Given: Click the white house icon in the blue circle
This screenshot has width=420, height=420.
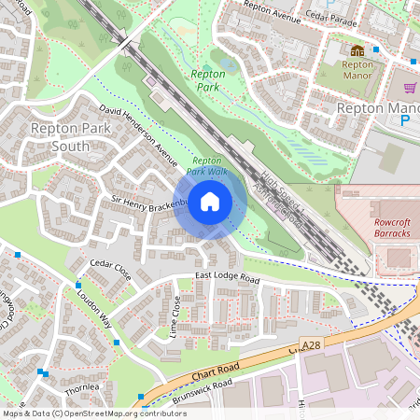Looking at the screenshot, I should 210,202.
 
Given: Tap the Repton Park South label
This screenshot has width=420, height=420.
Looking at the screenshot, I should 59,137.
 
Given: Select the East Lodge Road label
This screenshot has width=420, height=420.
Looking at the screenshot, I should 227,278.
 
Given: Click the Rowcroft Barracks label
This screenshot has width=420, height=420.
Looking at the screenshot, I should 386,229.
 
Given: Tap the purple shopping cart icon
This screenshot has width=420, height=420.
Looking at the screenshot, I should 409,88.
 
